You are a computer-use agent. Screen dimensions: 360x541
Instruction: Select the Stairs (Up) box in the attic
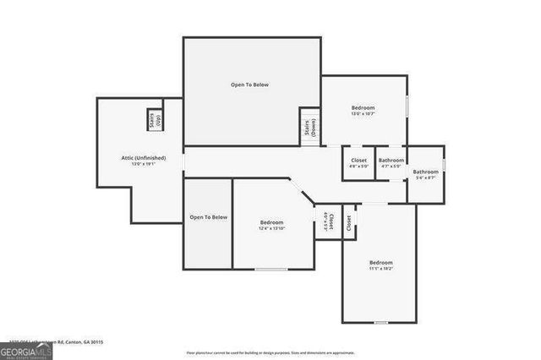(155, 121)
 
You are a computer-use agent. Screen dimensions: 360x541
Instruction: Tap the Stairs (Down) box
(309, 127)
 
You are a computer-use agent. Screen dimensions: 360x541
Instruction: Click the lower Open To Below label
(208, 217)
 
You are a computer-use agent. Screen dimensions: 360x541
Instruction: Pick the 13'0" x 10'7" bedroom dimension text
(363, 114)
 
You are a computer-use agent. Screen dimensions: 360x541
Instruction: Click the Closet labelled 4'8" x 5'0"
(358, 162)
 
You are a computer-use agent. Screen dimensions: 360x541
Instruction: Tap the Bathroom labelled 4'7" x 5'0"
(391, 162)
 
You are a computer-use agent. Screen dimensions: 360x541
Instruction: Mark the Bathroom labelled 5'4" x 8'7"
(425, 174)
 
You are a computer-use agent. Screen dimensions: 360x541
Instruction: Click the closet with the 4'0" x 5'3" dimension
(325, 222)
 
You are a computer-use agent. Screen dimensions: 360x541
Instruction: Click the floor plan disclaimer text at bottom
(270, 352)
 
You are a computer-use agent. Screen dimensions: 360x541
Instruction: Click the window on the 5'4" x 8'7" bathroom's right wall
(443, 164)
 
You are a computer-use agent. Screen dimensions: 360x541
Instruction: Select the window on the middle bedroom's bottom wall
(270, 270)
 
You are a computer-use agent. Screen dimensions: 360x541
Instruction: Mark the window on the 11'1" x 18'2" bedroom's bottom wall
(380, 322)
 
